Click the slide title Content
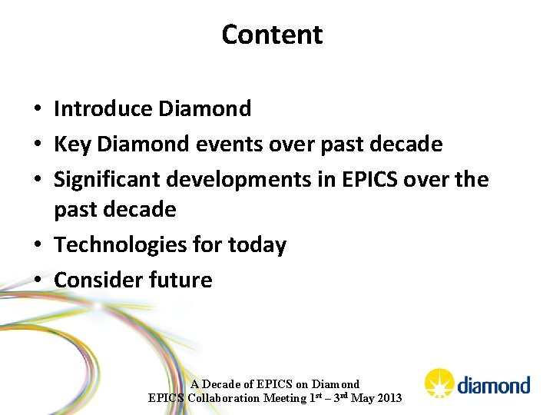point(272,35)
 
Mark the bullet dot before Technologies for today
point(38,246)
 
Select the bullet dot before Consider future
point(38,281)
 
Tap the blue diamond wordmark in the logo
point(494,385)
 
